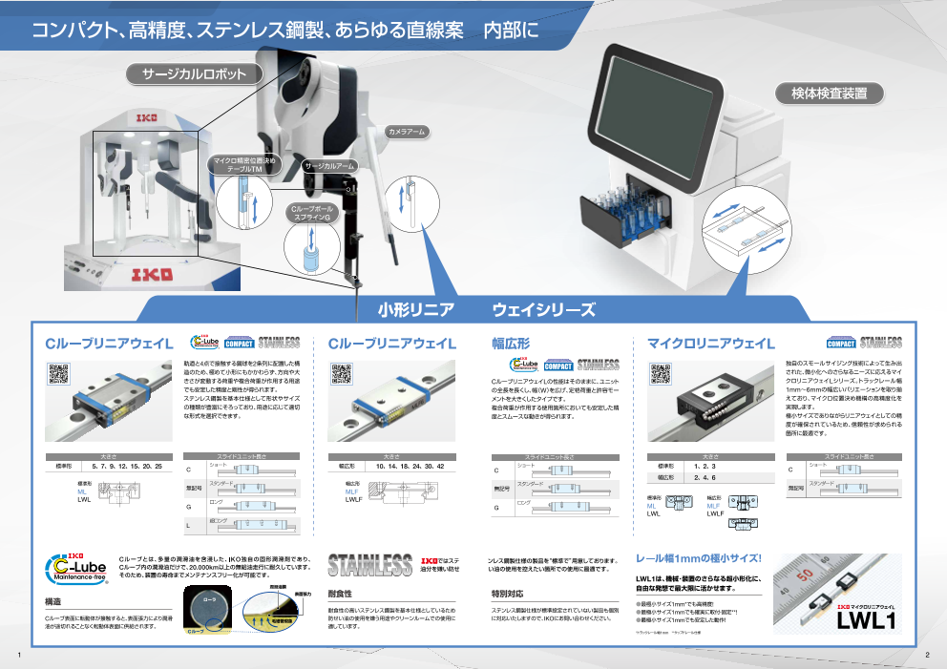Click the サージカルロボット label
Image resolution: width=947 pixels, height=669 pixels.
click(x=195, y=73)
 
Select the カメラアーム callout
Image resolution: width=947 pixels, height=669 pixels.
click(x=406, y=131)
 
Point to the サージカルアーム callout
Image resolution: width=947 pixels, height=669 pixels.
click(x=328, y=166)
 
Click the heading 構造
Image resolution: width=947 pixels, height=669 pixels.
click(x=53, y=603)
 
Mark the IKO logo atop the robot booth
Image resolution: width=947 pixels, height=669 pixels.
click(x=146, y=118)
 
